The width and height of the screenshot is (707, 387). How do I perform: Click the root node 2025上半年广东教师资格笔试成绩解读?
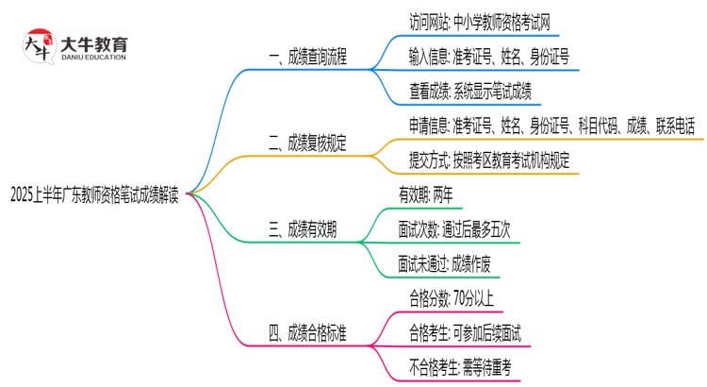pyautogui.click(x=96, y=193)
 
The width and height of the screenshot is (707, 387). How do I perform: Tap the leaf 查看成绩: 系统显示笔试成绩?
pyautogui.click(x=469, y=90)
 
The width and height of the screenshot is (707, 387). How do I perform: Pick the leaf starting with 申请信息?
pyautogui.click(x=551, y=126)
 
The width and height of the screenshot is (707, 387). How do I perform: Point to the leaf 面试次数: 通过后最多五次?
pyautogui.click(x=461, y=228)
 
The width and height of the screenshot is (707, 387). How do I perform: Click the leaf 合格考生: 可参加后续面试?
pyautogui.click(x=465, y=332)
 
